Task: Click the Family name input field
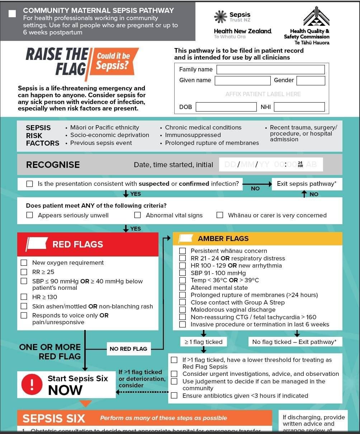(x=271, y=70)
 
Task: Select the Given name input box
(x=242, y=81)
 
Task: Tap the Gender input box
(x=311, y=81)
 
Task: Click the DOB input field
(x=226, y=107)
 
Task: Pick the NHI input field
(x=299, y=107)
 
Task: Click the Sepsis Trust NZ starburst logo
(x=221, y=17)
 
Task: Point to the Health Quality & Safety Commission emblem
(x=316, y=16)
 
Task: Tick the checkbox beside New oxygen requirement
(x=24, y=263)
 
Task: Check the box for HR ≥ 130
(x=24, y=297)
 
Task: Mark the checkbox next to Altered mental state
(x=183, y=288)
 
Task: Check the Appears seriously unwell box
(x=30, y=215)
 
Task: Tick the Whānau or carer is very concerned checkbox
(x=220, y=215)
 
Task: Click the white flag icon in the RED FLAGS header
(x=37, y=244)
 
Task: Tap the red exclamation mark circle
(x=32, y=385)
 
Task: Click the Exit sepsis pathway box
(x=307, y=184)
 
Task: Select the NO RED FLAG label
(x=128, y=349)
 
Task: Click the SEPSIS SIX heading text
(x=54, y=419)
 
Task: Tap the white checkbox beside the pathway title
(x=12, y=14)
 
